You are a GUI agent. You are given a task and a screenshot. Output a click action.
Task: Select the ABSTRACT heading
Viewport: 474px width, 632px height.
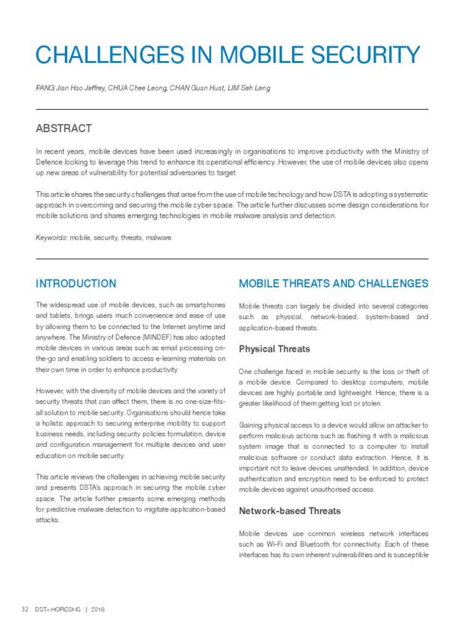point(64,128)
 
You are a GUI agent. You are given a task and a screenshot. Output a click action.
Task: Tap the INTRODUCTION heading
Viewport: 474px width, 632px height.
point(76,284)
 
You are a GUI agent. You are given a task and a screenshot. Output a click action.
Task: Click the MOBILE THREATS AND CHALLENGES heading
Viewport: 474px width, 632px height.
point(333,284)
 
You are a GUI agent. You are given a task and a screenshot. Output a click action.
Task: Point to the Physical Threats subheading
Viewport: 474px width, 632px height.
point(274,349)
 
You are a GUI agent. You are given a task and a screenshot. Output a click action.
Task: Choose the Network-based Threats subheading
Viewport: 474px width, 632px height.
point(289,511)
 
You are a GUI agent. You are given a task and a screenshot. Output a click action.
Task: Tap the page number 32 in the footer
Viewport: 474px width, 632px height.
point(25,609)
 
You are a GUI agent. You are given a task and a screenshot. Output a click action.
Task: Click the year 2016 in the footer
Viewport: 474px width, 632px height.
point(98,609)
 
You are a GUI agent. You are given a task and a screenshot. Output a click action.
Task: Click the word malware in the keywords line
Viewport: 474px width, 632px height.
point(159,237)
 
